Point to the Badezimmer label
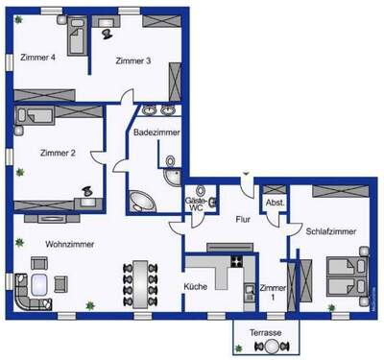click(x=154, y=132)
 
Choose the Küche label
click(x=196, y=287)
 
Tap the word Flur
click(x=243, y=220)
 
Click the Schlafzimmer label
click(x=332, y=232)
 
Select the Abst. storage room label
click(x=274, y=204)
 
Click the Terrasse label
click(x=266, y=332)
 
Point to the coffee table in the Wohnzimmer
click(x=41, y=284)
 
